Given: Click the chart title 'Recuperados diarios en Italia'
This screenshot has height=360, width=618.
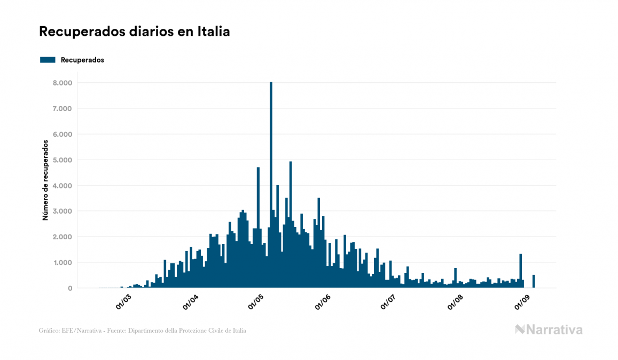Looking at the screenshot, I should click(x=135, y=32).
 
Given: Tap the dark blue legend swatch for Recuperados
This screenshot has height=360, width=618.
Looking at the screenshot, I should click(x=48, y=60).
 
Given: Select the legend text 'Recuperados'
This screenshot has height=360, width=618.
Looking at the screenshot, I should click(x=82, y=60).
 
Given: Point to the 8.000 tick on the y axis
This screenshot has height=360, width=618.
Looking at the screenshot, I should click(x=62, y=83).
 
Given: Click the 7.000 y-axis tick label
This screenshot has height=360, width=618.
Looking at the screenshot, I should click(x=62, y=108).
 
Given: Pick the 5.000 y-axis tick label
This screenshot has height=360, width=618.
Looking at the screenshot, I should click(x=62, y=160).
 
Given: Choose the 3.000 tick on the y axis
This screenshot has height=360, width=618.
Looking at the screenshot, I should click(x=62, y=211).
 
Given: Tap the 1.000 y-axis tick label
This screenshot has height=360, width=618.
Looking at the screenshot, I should click(x=62, y=262).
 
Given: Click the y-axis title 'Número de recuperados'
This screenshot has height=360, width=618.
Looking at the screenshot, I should click(x=46, y=180).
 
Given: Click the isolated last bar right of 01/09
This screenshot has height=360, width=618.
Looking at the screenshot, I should click(x=534, y=281).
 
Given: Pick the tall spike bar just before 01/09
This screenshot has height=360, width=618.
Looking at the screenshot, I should click(x=521, y=271).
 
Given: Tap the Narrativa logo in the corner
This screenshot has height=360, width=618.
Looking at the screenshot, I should click(x=549, y=330).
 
